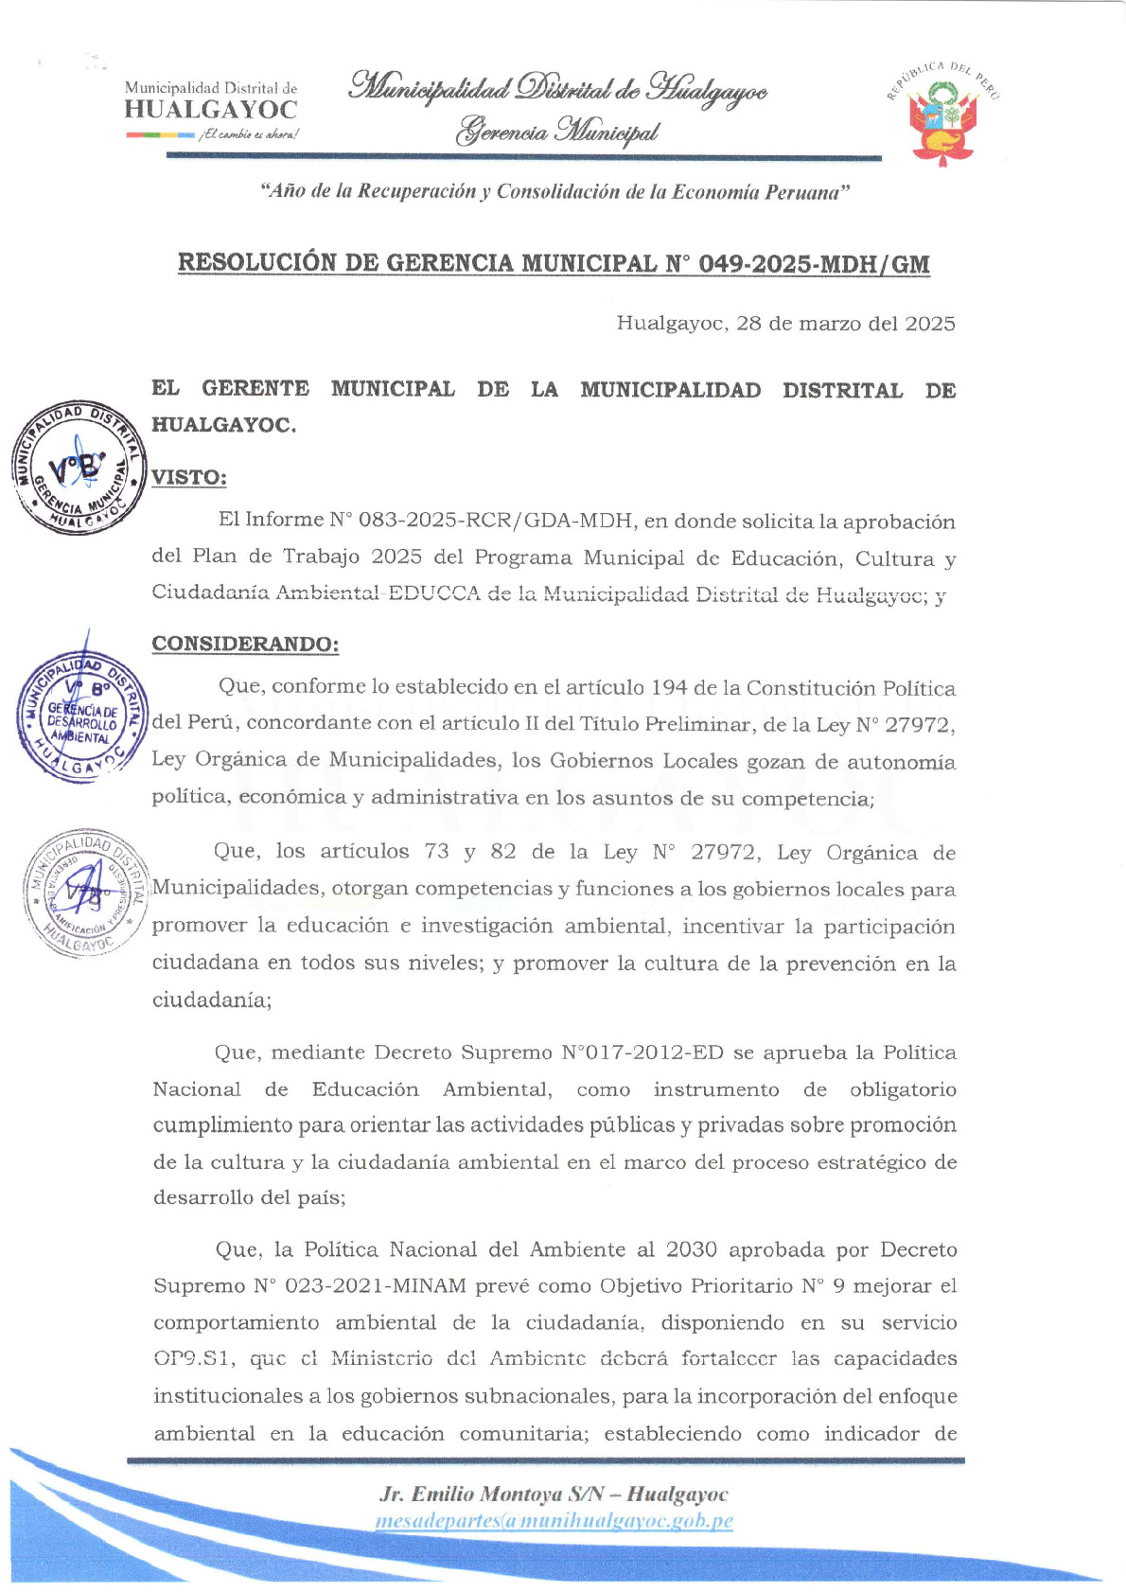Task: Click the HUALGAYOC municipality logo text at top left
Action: (210, 109)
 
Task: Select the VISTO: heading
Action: (189, 477)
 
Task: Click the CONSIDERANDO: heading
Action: (245, 645)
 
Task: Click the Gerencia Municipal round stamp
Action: (79, 466)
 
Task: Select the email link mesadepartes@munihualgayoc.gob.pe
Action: (554, 1521)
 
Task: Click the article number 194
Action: (668, 688)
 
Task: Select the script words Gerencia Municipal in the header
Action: (556, 131)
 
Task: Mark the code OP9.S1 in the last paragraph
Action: (193, 1359)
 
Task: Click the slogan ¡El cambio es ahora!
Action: (249, 134)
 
